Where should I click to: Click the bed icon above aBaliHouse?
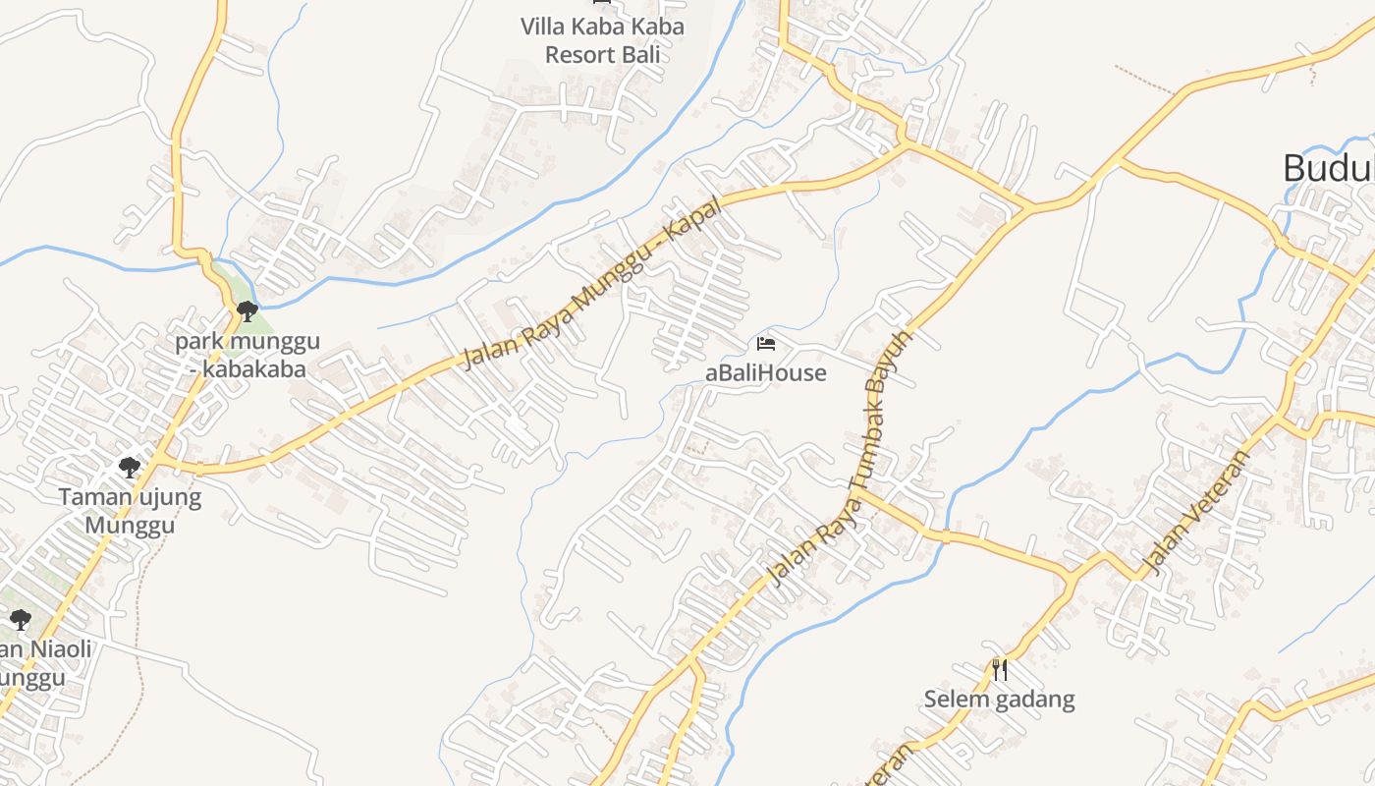766,344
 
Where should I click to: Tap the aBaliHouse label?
766,373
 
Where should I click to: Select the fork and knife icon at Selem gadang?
1000,670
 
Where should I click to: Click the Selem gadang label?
999,701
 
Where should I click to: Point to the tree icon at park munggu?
247,311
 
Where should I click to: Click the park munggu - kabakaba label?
247,356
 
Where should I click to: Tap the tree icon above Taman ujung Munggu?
129,467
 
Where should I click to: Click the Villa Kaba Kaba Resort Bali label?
601,40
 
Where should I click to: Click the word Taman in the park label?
94,497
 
